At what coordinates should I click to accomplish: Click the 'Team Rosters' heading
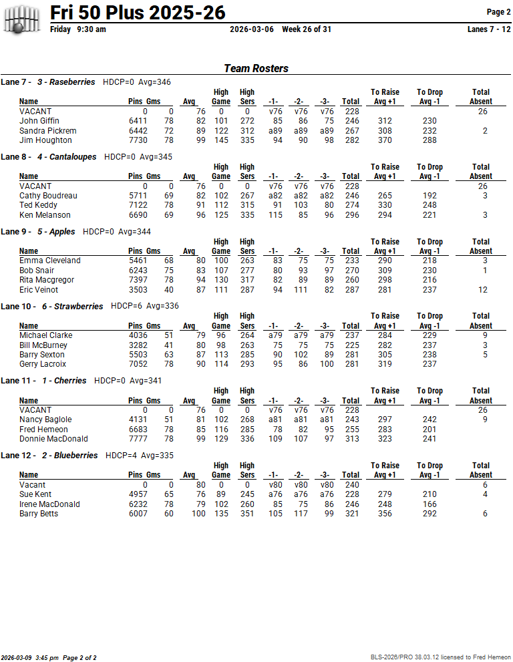[x=256, y=68]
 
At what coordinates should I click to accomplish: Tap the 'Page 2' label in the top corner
[x=498, y=12]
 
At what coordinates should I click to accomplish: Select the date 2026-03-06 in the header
[x=252, y=29]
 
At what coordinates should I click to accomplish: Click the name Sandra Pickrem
[x=48, y=131]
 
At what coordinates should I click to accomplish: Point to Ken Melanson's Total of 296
[x=350, y=215]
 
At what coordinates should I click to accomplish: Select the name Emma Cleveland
[x=50, y=261]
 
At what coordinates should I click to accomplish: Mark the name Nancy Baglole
[x=45, y=420]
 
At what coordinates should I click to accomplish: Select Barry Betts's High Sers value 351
[x=247, y=514]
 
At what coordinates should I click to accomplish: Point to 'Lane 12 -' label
[x=16, y=456]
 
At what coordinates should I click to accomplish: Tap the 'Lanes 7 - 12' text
[x=489, y=29]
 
